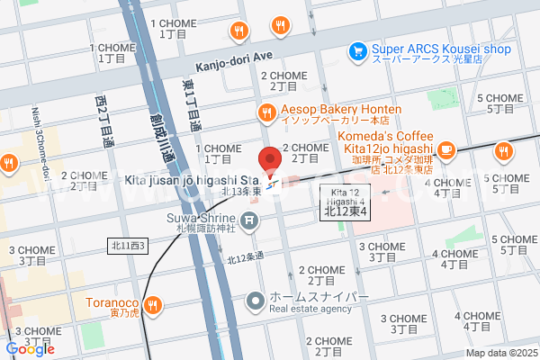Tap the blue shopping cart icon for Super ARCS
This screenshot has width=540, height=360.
click(x=357, y=50)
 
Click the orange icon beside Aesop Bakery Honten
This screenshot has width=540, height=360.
click(x=266, y=112)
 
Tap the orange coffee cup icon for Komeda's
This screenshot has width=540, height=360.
click(x=447, y=148)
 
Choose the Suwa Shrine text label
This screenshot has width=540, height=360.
click(x=201, y=221)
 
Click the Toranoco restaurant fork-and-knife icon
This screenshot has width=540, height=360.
click(x=154, y=304)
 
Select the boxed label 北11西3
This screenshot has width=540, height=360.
click(x=126, y=245)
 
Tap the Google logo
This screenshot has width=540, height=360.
click(x=30, y=349)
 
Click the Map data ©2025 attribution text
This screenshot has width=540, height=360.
click(x=499, y=353)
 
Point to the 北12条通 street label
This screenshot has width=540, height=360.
click(x=245, y=257)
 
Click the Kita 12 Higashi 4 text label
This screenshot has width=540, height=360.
click(x=346, y=197)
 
